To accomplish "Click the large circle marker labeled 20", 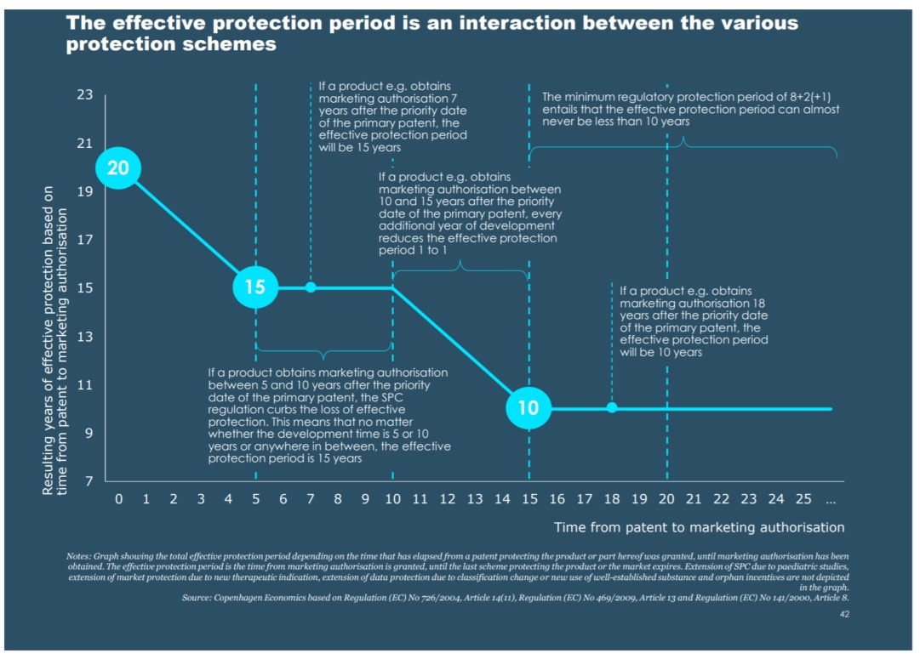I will point(118,168).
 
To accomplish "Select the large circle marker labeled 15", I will point(255,287).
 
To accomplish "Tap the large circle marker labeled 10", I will point(528,408).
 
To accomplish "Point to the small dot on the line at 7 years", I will point(311,287).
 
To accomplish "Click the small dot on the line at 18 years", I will point(611,408).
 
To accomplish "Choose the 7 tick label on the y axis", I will point(88,482).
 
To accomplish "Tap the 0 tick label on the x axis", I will point(118,499).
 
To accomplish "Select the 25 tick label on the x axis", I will point(803,499).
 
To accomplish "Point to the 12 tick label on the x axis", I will point(447,499).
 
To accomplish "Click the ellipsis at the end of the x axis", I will point(831,499).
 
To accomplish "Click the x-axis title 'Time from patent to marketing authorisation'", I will point(700,527).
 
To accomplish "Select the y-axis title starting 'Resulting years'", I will point(54,340).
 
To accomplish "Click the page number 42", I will point(844,614).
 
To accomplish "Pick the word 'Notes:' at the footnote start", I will point(79,556).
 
